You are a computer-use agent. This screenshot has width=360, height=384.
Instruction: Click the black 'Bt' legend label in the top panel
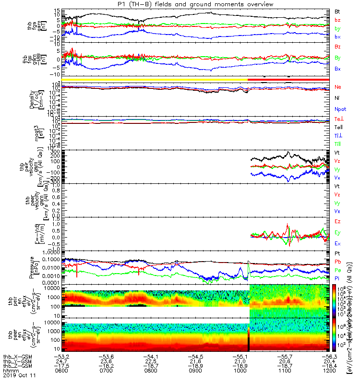point(337,11)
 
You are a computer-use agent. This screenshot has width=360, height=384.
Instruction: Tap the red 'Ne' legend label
point(338,87)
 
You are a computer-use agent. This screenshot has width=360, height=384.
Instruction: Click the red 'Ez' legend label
point(337,222)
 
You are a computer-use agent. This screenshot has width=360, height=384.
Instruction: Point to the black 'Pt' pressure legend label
point(337,253)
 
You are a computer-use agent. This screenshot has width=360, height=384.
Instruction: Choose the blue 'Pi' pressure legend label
point(337,278)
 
